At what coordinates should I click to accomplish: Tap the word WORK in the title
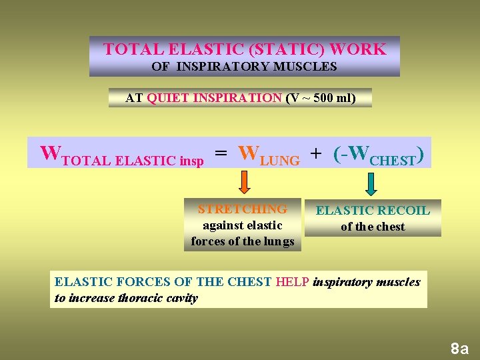tap(358, 49)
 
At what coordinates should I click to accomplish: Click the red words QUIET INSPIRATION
tap(214, 98)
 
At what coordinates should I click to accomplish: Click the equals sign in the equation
tap(221, 154)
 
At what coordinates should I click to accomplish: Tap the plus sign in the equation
tap(315, 154)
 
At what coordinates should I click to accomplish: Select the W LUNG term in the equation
tap(269, 154)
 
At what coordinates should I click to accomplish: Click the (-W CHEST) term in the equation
tap(378, 154)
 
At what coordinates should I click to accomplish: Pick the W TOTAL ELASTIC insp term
tap(122, 155)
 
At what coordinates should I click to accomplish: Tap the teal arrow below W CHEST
tap(371, 183)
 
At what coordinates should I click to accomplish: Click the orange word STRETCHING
tap(243, 209)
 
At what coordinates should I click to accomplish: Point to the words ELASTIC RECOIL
tap(373, 211)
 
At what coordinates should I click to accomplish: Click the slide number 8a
tap(459, 348)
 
